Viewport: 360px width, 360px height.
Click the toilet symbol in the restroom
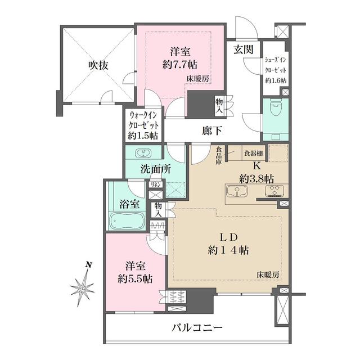point(276,109)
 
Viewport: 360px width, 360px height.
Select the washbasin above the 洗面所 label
point(143,153)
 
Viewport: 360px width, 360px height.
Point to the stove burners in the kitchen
point(274,191)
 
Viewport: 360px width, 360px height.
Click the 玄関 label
point(244,49)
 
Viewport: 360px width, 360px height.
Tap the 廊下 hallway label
point(212,131)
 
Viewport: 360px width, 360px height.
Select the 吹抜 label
point(98,66)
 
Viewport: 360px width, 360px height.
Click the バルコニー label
point(197,327)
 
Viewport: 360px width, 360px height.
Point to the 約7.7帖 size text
point(180,65)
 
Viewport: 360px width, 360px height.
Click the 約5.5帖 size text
point(135,279)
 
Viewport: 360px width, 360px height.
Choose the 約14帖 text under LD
point(228,250)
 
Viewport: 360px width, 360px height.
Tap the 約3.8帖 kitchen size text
point(256,178)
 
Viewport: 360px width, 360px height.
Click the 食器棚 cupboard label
point(254,153)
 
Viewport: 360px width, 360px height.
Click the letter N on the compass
point(89,265)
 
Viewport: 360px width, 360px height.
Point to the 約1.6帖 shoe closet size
point(276,80)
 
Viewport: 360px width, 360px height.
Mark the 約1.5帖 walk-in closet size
point(143,136)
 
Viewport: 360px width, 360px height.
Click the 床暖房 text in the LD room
point(268,274)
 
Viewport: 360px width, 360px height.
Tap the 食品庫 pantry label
point(219,156)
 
